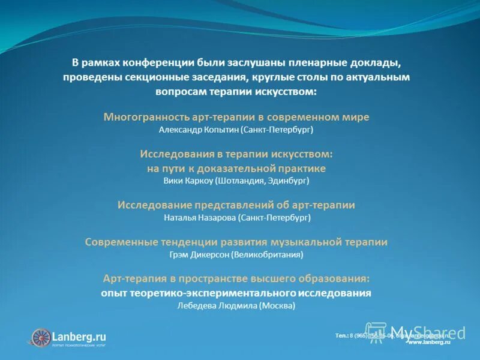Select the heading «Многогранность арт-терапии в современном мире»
coord(236,116)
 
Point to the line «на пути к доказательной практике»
coord(236,168)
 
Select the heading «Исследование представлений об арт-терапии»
coord(236,205)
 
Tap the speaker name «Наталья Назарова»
coord(200,217)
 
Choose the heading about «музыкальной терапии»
coord(236,242)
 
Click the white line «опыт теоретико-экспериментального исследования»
coord(236,293)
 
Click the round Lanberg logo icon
coord(41,337)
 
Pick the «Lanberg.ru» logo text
coord(79,336)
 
